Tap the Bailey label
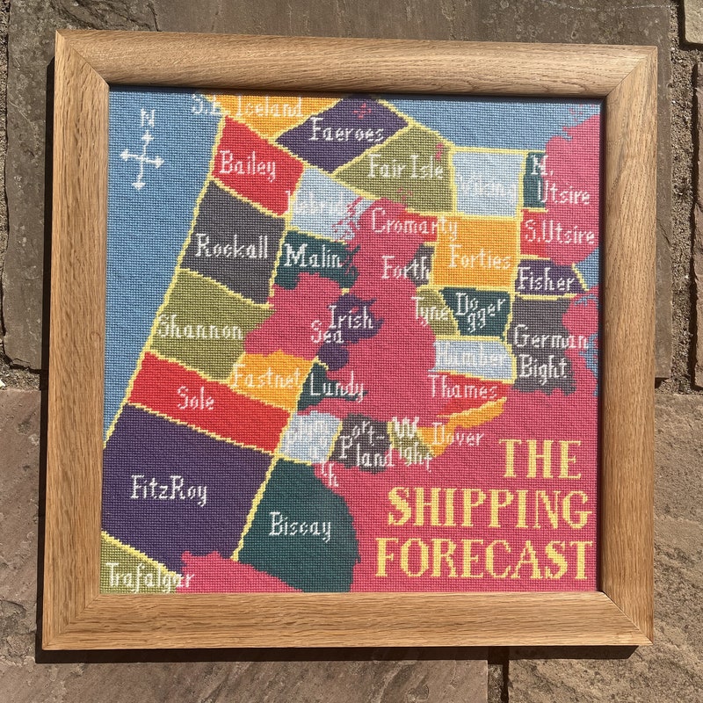247,163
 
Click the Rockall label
231,248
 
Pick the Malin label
314,257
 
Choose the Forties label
479,259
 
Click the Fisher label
546,281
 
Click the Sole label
195,400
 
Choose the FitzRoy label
170,489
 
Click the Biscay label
301,526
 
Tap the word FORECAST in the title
482,558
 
